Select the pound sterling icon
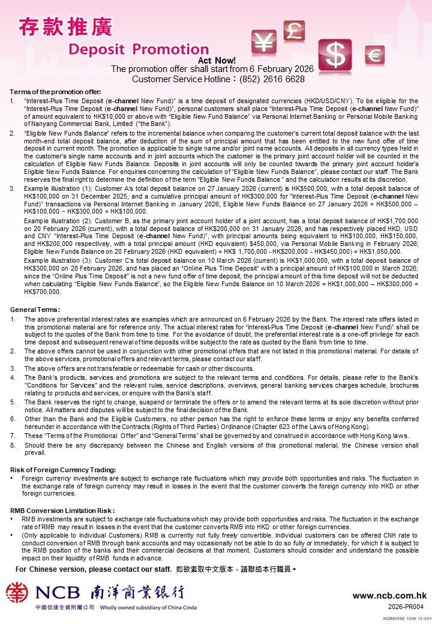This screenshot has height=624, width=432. pyautogui.click(x=294, y=31)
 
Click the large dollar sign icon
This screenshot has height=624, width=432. pyautogui.click(x=335, y=56)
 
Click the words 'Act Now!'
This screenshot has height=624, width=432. pyautogui.click(x=217, y=61)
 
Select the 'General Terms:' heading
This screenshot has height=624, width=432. pyautogui.click(x=35, y=309)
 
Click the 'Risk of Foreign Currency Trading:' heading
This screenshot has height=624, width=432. pyautogui.click(x=63, y=469)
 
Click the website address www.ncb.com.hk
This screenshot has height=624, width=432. pyautogui.click(x=389, y=596)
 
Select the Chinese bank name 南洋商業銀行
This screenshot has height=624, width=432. pyautogui.click(x=137, y=593)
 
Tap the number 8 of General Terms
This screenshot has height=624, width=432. pyautogui.click(x=13, y=446)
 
